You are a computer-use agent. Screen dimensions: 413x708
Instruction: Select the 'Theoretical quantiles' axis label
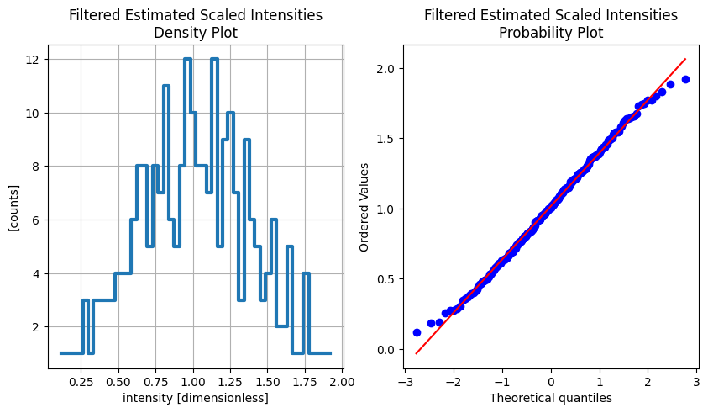click(x=550, y=398)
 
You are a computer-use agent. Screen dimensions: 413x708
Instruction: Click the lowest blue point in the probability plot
click(x=417, y=332)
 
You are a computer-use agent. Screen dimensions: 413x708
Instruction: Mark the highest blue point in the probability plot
click(x=685, y=79)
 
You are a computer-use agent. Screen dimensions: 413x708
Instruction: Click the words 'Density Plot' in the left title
click(x=195, y=34)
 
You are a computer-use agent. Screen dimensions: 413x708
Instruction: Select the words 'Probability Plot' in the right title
click(x=550, y=34)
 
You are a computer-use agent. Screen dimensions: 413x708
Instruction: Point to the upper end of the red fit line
click(x=685, y=59)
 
